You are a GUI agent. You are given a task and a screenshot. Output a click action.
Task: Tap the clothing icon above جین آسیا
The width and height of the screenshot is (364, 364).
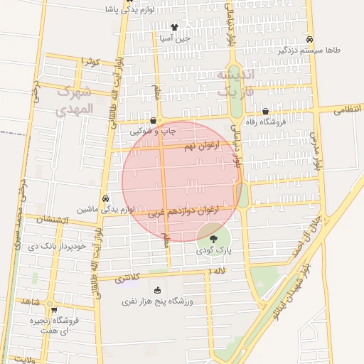[175, 28]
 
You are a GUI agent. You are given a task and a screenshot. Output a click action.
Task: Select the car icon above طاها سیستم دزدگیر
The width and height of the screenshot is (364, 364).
[309, 40]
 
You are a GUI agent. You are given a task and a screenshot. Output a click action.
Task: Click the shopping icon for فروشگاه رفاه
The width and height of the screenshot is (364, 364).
[265, 112]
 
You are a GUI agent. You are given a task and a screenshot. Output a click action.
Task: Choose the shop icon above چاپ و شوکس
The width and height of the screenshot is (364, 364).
[153, 122]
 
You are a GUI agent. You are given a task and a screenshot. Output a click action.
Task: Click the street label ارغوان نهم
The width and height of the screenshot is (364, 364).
[198, 146]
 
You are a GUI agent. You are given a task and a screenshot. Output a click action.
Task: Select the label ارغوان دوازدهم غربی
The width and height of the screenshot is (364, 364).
[183, 212]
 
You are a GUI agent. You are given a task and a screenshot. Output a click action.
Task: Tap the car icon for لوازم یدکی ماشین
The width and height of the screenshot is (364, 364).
[105, 198]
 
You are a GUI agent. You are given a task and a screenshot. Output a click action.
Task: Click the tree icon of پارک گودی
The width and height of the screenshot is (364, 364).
[215, 239]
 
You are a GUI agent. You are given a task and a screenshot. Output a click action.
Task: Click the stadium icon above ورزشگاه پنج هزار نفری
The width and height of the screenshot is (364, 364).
[157, 290]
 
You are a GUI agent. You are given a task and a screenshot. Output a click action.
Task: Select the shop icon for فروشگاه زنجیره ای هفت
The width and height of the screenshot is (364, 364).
[53, 310]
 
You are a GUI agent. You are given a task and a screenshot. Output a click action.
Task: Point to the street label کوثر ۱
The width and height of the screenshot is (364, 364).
[93, 63]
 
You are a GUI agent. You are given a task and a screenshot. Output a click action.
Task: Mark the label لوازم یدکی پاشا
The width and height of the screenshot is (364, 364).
[100, 9]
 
